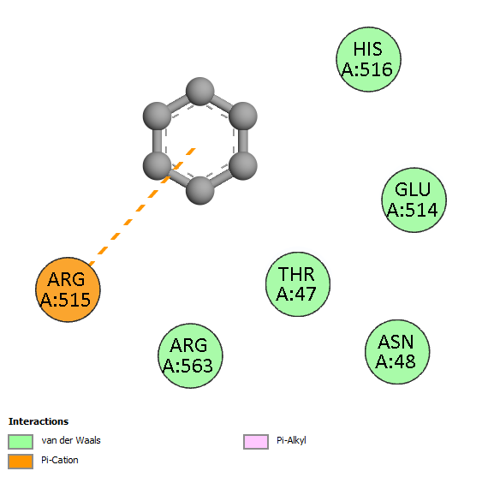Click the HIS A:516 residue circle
[368, 59]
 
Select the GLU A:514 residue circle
[414, 200]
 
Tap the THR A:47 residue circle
[298, 284]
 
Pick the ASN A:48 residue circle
[397, 352]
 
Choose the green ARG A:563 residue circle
[190, 355]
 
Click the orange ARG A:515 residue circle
[68, 289]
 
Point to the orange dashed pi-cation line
[142, 206]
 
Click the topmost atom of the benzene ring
[199, 92]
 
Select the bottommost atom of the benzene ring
[199, 191]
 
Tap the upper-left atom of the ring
[157, 116]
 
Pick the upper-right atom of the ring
[243, 116]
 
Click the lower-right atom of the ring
[243, 166]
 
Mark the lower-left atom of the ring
[157, 166]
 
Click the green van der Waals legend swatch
[21, 442]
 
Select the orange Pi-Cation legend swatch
[21, 462]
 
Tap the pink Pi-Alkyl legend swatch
[256, 442]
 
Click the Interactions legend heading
[39, 421]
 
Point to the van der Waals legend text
[71, 440]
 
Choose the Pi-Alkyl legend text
[291, 441]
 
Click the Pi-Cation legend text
[60, 460]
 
